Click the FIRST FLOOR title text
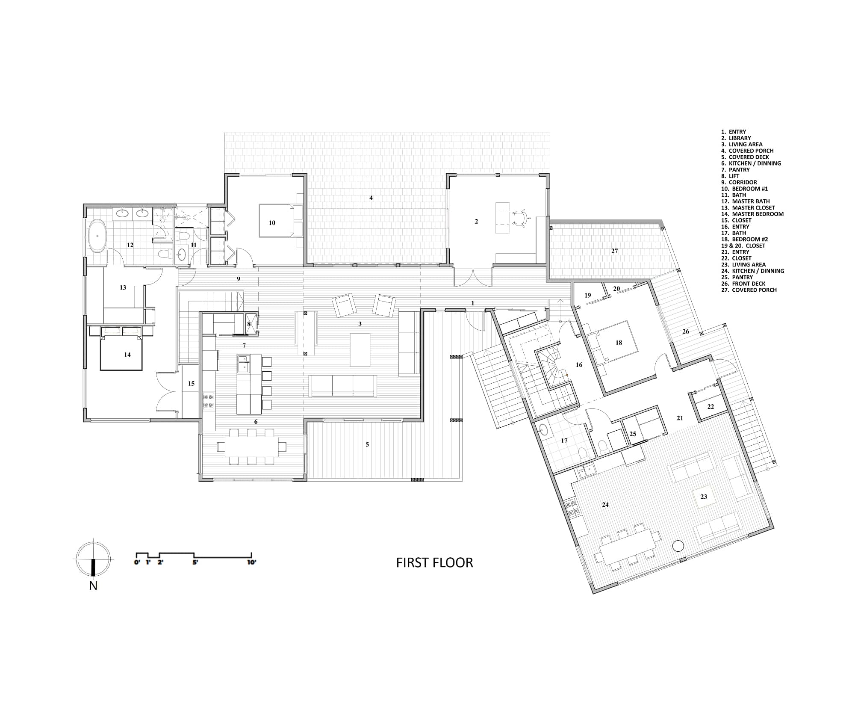(x=434, y=562)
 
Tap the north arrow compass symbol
(x=93, y=559)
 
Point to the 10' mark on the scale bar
(x=251, y=562)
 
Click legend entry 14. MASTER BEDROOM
(x=752, y=214)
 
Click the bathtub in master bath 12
(x=97, y=236)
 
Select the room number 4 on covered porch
(x=371, y=198)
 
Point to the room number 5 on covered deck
(x=367, y=444)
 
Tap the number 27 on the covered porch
(x=614, y=251)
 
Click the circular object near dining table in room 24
(x=678, y=546)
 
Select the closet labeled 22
(x=711, y=407)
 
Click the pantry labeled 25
(x=633, y=434)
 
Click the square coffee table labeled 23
(x=704, y=497)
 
